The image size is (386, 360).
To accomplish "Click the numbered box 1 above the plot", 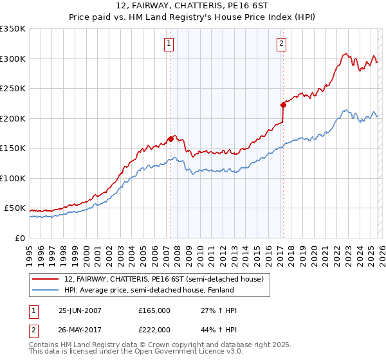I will (x=169, y=44).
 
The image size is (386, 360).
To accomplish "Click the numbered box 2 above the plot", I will (x=282, y=44).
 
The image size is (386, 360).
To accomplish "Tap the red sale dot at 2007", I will (x=170, y=139).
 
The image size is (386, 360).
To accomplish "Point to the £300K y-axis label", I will (x=13, y=59).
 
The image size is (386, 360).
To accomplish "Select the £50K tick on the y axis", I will (x=15, y=208).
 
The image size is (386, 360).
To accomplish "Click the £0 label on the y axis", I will (x=21, y=239).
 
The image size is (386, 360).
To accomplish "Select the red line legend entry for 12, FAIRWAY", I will (x=164, y=279).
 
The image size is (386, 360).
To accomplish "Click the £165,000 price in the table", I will (x=154, y=310).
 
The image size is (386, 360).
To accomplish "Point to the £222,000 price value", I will (x=154, y=330).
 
